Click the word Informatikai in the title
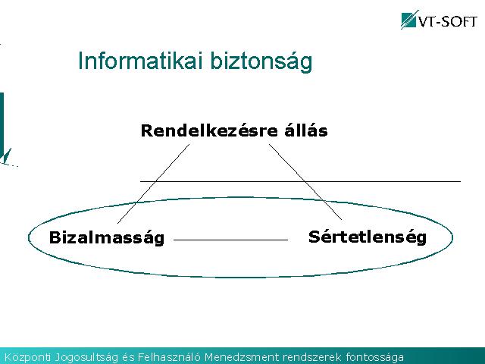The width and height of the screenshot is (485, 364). tap(141, 61)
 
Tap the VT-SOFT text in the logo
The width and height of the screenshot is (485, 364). tap(448, 21)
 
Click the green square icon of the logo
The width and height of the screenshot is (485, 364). tap(408, 20)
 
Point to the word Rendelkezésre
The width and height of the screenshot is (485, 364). tap(209, 130)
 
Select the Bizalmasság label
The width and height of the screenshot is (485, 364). tap(107, 237)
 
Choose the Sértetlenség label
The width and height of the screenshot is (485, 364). tap(368, 237)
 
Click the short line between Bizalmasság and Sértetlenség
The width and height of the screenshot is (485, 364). tap(230, 240)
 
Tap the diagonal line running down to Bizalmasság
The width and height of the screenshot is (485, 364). tap(153, 184)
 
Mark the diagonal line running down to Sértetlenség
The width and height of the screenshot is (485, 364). tap(305, 182)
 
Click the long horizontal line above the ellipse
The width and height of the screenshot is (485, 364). tap(300, 181)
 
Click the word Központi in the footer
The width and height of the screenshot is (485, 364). tap(27, 357)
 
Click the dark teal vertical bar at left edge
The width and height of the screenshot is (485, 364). tap(2, 124)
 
